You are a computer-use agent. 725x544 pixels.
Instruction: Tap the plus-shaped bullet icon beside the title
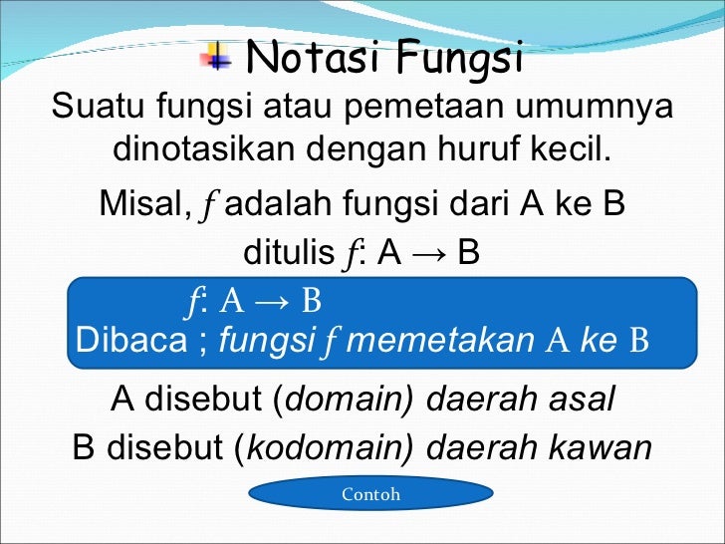click(214, 56)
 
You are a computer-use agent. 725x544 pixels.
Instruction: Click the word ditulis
click(288, 254)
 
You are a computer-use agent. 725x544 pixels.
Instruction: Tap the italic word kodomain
click(325, 447)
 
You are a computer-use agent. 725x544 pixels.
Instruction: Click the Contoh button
click(370, 494)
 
